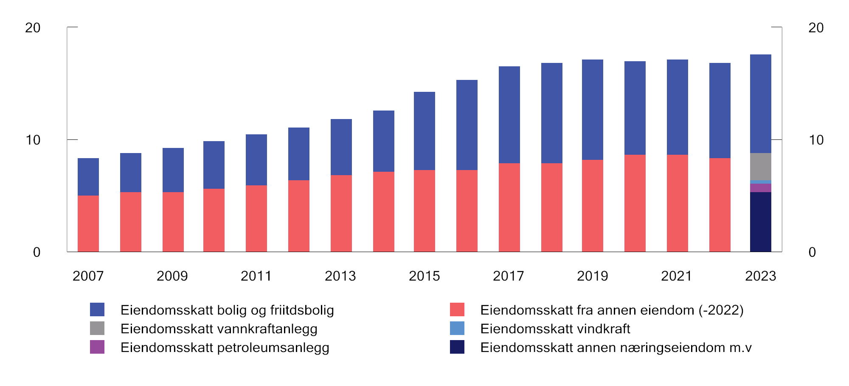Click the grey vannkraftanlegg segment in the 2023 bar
point(760,167)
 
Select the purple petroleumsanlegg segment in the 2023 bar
point(760,188)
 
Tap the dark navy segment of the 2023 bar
point(760,222)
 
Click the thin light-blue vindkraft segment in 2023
point(760,182)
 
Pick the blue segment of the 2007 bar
point(88,177)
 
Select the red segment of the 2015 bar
point(424,211)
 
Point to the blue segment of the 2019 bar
point(592,110)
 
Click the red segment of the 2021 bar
point(677,203)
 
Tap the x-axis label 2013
point(340,276)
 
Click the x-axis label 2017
point(508,276)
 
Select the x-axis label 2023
point(760,276)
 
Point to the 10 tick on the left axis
point(33,140)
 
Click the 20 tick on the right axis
point(816,28)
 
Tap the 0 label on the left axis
point(37,252)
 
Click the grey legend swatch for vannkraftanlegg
point(97,328)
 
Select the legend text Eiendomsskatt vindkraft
point(555,329)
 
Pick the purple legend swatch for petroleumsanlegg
point(97,347)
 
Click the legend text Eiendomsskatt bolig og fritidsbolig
point(227,310)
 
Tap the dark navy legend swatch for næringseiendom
point(457,347)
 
